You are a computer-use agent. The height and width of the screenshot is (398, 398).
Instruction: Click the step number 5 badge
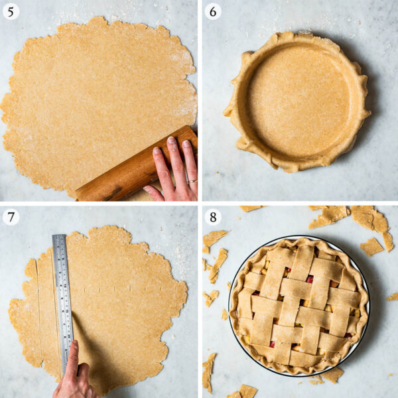coord(11,11)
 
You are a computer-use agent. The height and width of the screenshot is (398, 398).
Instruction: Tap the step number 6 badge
coord(212,11)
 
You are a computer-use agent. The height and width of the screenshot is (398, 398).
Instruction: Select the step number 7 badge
coord(11,216)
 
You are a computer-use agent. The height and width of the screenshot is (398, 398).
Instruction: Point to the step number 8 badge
coord(212,216)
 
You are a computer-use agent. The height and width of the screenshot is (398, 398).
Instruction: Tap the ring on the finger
coord(192,180)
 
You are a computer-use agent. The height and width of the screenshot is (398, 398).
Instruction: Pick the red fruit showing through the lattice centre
coord(309,280)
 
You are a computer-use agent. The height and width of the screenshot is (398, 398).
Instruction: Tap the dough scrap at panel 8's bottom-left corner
coord(209,371)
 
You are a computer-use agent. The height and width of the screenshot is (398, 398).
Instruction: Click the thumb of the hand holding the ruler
coord(72,355)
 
